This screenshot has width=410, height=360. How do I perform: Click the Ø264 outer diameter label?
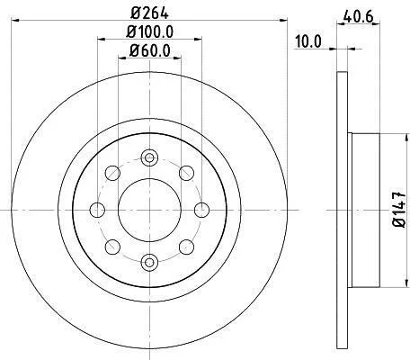tap(149, 13)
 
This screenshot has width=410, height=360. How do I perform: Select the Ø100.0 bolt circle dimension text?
tap(149, 31)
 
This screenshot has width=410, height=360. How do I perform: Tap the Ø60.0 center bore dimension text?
tap(149, 50)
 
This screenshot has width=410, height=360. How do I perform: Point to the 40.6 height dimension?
tap(359, 16)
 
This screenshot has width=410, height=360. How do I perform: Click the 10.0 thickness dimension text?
tap(308, 41)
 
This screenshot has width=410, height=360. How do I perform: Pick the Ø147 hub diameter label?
tap(399, 210)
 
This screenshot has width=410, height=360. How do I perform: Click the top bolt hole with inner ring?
tap(149, 157)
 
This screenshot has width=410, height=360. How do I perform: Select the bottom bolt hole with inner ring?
tap(149, 263)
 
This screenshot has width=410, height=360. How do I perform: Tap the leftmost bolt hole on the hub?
tap(97, 210)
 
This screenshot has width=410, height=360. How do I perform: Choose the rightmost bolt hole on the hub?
tap(201, 210)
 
